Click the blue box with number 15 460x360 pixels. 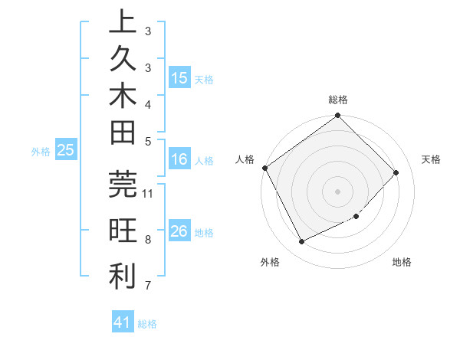179,77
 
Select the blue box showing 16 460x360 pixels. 179,159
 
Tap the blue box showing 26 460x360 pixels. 179,231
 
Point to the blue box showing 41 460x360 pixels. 123,322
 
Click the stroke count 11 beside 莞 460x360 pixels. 148,192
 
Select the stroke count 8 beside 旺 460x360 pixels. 148,240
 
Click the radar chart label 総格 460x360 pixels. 337,100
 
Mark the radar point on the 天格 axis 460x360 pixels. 396,172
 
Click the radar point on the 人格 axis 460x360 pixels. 264,168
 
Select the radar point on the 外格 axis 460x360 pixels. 301,242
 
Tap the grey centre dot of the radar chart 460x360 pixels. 337,191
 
